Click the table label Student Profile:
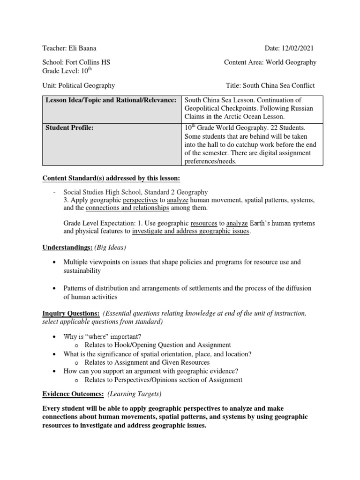[x=69, y=128]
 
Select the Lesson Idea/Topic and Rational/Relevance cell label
[x=111, y=100]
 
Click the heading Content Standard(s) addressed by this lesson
[x=111, y=178]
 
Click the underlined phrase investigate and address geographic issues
[x=191, y=231]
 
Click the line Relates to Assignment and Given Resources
[x=147, y=362]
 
